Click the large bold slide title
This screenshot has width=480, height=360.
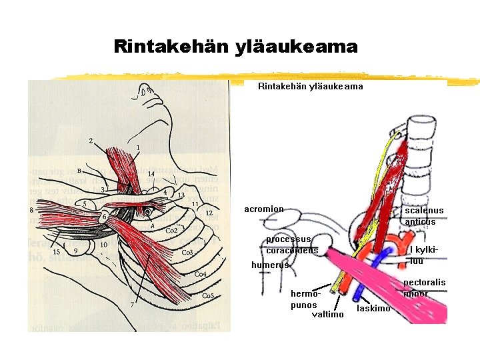pos(235,47)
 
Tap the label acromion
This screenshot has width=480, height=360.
pos(263,209)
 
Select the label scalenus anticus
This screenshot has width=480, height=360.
pos(423,216)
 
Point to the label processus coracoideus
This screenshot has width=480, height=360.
pos(292,245)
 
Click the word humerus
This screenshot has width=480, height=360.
pos(270,265)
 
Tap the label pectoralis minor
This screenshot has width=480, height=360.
pos(425,288)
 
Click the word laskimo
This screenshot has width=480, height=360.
pos(373,308)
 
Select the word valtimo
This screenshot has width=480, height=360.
pos(328,315)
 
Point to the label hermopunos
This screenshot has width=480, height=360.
pos(306,299)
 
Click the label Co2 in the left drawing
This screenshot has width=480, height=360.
pos(171,230)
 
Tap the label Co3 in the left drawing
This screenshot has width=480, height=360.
pos(187,253)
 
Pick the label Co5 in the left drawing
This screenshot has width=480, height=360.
pos(208,295)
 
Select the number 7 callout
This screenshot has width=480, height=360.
pos(132,305)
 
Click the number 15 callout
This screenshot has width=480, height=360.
pos(57,251)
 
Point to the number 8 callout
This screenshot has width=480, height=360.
pos(31,211)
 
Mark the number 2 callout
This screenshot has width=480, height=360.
pos(91,141)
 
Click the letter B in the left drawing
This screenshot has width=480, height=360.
pos(79,170)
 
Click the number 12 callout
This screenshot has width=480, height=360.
pos(209,213)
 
